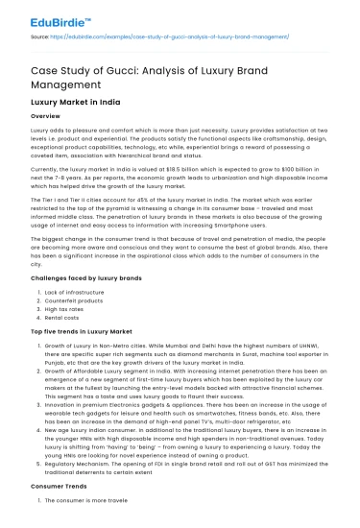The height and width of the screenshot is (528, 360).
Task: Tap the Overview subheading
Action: coord(46,115)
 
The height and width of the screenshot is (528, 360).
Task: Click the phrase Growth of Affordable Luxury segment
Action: coord(96,370)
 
